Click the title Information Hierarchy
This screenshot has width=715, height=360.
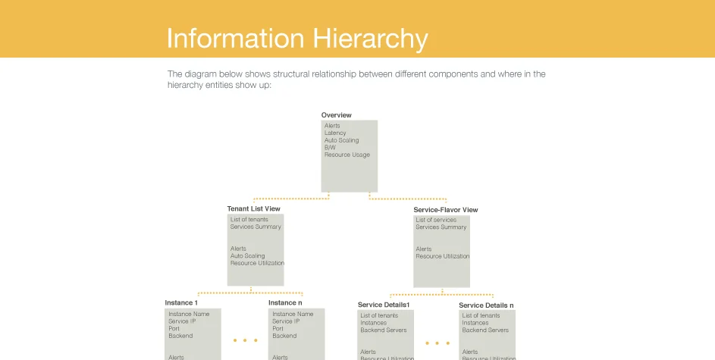(x=296, y=38)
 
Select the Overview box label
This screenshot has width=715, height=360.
(x=336, y=115)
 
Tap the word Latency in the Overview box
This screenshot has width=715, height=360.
(x=335, y=133)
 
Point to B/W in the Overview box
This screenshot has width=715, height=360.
(x=330, y=148)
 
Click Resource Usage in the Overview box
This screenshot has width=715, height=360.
(x=347, y=155)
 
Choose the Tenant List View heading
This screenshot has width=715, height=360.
(x=253, y=209)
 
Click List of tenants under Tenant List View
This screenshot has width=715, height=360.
(x=249, y=220)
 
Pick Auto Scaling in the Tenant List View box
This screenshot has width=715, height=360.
(x=247, y=256)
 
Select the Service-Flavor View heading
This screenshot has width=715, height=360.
(x=445, y=210)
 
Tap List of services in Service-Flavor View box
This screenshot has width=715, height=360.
(x=436, y=220)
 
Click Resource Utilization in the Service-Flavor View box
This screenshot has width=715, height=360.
(x=442, y=257)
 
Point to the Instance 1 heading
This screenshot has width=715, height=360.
(x=181, y=303)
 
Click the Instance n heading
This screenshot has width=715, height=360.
(x=285, y=303)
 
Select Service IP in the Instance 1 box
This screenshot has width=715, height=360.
(x=182, y=321)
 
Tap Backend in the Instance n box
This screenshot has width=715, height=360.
(x=284, y=336)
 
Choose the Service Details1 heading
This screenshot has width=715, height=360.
(x=384, y=305)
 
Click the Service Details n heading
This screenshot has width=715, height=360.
(x=486, y=305)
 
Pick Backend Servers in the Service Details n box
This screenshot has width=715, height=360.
(x=485, y=330)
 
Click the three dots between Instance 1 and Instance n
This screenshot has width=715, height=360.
(x=245, y=341)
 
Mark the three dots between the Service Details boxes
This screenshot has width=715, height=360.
(x=437, y=343)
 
